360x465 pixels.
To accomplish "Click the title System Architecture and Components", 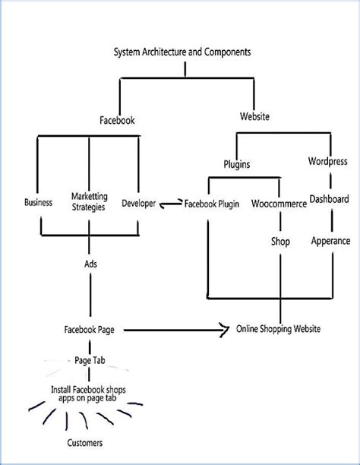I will [x=182, y=52].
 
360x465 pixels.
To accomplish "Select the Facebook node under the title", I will [x=118, y=120].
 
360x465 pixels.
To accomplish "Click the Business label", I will [x=38, y=203].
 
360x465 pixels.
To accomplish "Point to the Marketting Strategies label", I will [x=90, y=201].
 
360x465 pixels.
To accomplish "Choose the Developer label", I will [x=139, y=203].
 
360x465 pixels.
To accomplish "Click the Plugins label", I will [x=237, y=163].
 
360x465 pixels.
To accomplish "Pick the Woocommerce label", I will [x=279, y=204].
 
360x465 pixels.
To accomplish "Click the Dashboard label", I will [x=330, y=200].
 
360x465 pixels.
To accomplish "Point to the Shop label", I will [x=280, y=242].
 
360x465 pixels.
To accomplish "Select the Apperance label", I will [x=330, y=241].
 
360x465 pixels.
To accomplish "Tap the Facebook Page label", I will [x=90, y=330].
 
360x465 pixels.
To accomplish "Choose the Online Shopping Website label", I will [x=278, y=329].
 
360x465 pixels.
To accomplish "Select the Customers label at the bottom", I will [x=84, y=442].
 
